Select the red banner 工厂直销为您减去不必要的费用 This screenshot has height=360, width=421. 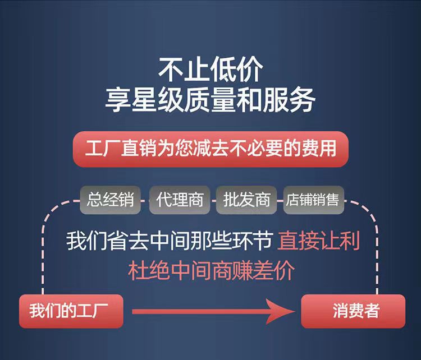click(210, 149)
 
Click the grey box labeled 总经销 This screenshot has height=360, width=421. click(111, 200)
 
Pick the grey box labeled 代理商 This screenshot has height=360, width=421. click(180, 200)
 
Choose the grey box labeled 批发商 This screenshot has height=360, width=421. click(246, 200)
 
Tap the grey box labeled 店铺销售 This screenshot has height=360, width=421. click(313, 200)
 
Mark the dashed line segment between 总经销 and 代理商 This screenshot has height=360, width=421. click(145, 200)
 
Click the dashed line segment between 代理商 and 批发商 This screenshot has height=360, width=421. click(213, 200)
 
